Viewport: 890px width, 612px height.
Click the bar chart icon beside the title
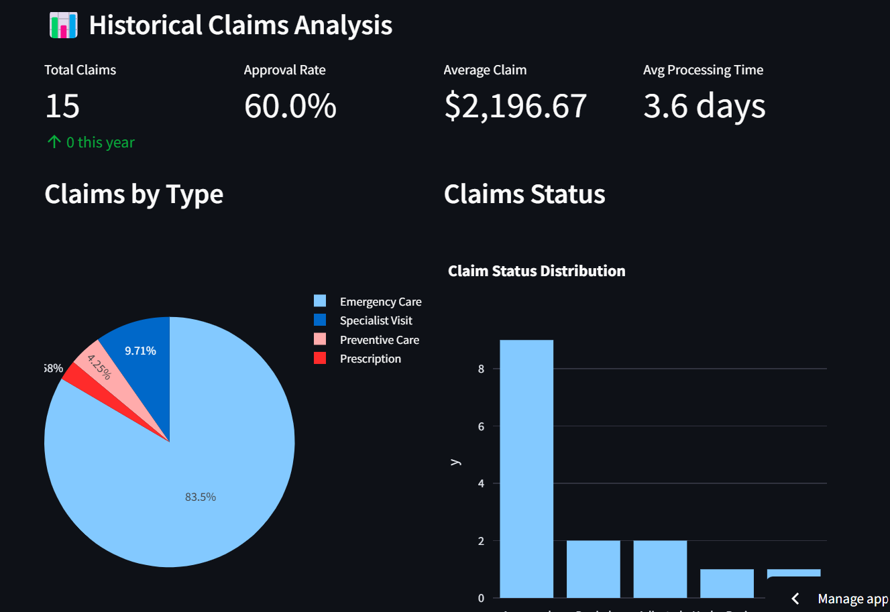(64, 25)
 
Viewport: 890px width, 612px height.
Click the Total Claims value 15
(62, 106)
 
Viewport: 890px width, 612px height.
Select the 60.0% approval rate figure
(290, 106)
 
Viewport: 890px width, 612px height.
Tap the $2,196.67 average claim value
(515, 106)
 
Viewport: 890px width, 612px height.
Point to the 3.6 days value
(704, 106)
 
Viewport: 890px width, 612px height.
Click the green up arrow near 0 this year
(54, 142)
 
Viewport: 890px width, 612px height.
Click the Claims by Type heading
(133, 194)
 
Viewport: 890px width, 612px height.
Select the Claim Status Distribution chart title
(537, 271)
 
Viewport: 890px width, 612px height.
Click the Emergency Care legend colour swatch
(320, 302)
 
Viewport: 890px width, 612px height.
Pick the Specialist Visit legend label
(376, 321)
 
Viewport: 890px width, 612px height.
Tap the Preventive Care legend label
(379, 340)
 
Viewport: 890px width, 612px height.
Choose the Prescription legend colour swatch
(320, 359)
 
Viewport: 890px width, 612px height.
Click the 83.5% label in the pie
(201, 497)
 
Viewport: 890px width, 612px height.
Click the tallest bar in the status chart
(526, 469)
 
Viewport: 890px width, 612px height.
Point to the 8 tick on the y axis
(481, 369)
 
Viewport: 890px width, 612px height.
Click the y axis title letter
(455, 462)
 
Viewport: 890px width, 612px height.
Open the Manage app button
(838, 599)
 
